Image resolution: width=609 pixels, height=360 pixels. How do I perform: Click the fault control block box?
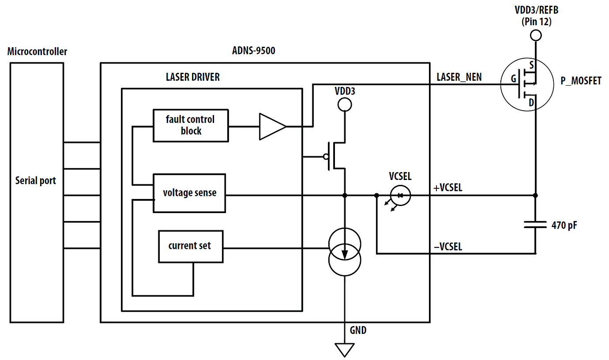[x=191, y=125]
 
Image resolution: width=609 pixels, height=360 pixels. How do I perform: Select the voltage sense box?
[x=189, y=193]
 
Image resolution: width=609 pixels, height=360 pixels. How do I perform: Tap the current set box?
[x=191, y=246]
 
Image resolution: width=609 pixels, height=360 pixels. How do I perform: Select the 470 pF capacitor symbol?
[x=535, y=225]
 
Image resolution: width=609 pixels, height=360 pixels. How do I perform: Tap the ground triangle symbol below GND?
[x=345, y=349]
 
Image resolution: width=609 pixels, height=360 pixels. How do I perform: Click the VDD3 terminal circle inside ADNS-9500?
[x=344, y=105]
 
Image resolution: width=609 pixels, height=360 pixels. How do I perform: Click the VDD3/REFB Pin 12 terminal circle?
[x=535, y=35]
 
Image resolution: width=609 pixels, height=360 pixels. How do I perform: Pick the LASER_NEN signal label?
[x=459, y=77]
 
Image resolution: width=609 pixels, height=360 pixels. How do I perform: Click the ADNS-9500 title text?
[x=253, y=51]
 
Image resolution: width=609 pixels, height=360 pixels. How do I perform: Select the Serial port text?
[x=35, y=180]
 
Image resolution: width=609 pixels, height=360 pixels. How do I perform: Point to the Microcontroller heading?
[x=37, y=52]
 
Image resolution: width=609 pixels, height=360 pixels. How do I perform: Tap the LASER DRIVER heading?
[x=192, y=77]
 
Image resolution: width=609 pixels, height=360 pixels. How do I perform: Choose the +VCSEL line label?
[x=448, y=187]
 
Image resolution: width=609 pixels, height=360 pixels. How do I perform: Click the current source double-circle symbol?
[x=345, y=251]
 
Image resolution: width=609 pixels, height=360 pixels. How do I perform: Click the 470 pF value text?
[x=564, y=225]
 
